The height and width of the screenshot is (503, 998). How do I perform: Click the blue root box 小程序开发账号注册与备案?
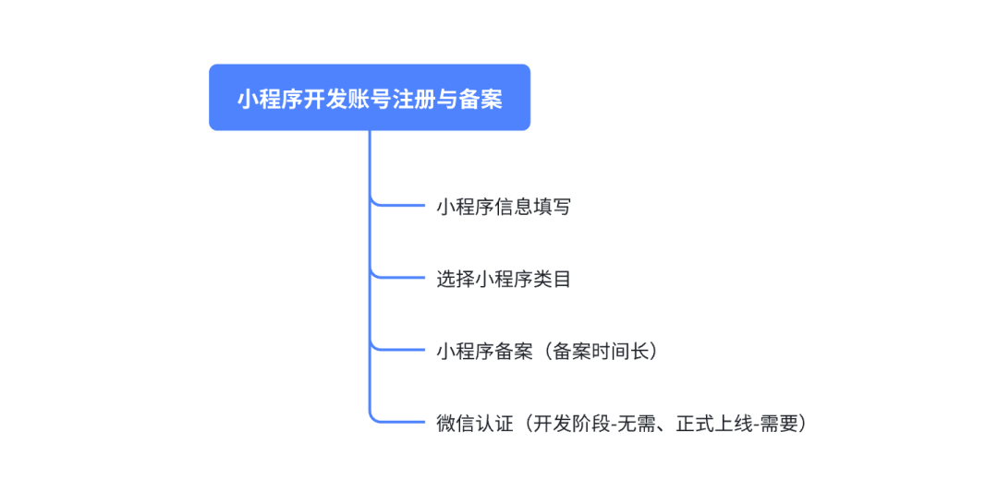pyautogui.click(x=369, y=97)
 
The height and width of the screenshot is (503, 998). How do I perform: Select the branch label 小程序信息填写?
pyautogui.click(x=503, y=207)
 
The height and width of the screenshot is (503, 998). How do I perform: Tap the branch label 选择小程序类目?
pyautogui.click(x=503, y=279)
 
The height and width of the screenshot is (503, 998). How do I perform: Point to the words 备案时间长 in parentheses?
pyautogui.click(x=601, y=351)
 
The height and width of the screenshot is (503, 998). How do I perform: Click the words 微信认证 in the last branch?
pyautogui.click(x=474, y=423)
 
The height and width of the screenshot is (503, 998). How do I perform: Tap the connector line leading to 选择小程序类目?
pyautogui.click(x=397, y=277)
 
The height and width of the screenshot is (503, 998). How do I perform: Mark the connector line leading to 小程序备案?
pyautogui.click(x=397, y=349)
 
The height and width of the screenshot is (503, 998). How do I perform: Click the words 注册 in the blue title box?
pyautogui.click(x=413, y=99)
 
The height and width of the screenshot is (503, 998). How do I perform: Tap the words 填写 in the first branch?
pyautogui.click(x=552, y=207)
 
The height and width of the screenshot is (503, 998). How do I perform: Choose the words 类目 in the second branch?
pyautogui.click(x=552, y=279)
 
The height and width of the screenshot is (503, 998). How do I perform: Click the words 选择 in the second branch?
pyautogui.click(x=455, y=279)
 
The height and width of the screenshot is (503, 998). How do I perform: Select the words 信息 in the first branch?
pyautogui.click(x=513, y=207)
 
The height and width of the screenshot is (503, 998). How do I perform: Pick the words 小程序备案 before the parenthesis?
pyautogui.click(x=484, y=351)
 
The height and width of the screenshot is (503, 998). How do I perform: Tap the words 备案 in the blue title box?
pyautogui.click(x=480, y=99)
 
